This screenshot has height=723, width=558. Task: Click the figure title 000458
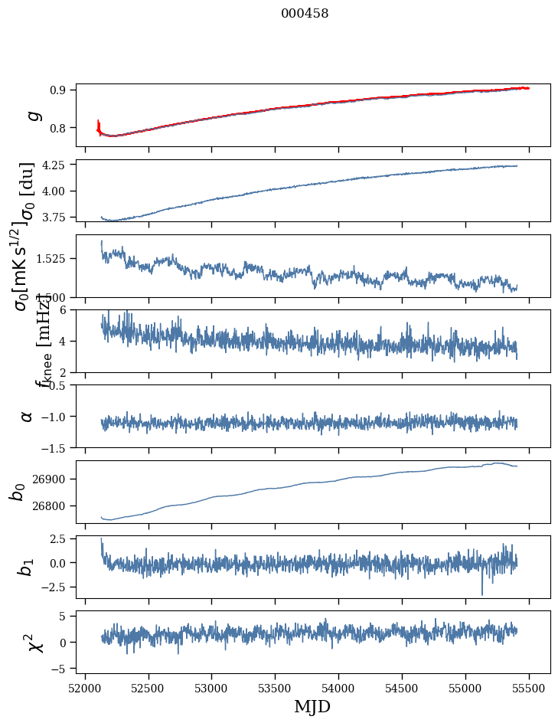coord(305,13)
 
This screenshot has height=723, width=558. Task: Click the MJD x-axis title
coord(312,706)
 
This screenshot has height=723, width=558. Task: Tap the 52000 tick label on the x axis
coord(85,687)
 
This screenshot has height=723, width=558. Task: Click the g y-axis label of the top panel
coord(32,116)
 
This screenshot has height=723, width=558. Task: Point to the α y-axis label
coord(28,416)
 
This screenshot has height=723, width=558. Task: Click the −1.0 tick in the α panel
coord(54,416)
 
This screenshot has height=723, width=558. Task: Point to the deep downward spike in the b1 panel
coord(482,593)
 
